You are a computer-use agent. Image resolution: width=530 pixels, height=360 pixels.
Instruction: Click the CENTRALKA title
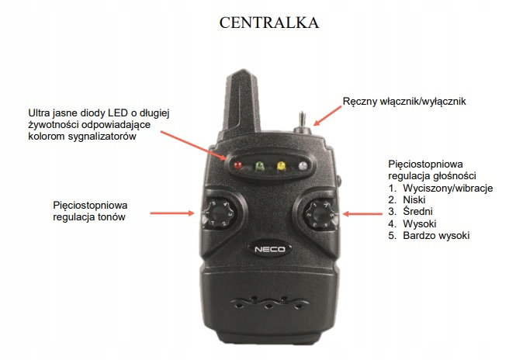[269, 22]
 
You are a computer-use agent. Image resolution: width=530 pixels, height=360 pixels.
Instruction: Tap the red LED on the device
[238, 165]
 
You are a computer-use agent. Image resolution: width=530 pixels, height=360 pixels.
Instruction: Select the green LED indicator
[260, 165]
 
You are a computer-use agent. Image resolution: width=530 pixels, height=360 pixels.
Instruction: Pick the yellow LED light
[281, 165]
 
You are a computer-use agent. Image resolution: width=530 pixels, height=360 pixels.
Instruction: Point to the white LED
[303, 165]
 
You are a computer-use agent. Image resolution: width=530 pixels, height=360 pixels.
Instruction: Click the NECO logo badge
[269, 250]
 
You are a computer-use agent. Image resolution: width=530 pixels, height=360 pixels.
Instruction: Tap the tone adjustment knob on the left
[219, 213]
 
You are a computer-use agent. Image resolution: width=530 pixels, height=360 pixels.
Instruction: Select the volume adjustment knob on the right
[320, 215]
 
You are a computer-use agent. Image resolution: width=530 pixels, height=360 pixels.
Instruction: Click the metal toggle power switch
[302, 123]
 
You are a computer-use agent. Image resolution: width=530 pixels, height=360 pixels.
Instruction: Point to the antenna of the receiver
[243, 101]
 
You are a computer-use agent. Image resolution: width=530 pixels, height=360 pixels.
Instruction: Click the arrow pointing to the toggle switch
[327, 116]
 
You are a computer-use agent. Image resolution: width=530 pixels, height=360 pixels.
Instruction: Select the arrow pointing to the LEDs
[193, 145]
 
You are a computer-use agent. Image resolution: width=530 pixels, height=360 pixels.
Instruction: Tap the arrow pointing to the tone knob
[172, 213]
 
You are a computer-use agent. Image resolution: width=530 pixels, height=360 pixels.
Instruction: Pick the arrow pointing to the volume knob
[362, 213]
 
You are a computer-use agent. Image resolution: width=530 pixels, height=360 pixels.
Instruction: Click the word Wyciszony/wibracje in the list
[448, 188]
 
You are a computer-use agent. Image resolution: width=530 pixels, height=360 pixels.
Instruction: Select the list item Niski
[414, 199]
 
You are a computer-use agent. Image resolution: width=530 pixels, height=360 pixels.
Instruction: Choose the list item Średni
[417, 211]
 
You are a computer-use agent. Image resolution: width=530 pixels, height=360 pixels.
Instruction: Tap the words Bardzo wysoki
[436, 235]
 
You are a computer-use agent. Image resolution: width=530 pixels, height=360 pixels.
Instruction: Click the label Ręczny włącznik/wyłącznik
[404, 102]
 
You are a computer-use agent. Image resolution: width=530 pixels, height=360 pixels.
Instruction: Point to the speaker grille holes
[269, 302]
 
